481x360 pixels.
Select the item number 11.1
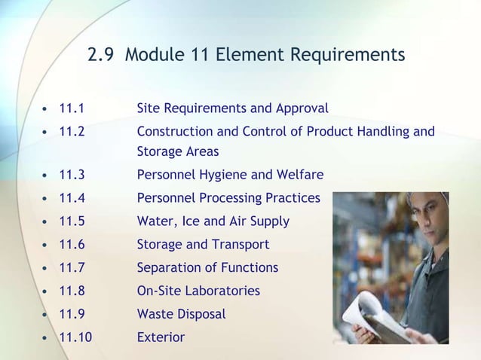pos(72,108)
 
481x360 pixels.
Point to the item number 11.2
pos(72,132)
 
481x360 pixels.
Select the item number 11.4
pos(72,198)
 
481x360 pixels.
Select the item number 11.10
pos(75,337)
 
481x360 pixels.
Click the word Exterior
pos(161,337)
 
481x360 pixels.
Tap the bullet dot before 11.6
pos(45,246)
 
